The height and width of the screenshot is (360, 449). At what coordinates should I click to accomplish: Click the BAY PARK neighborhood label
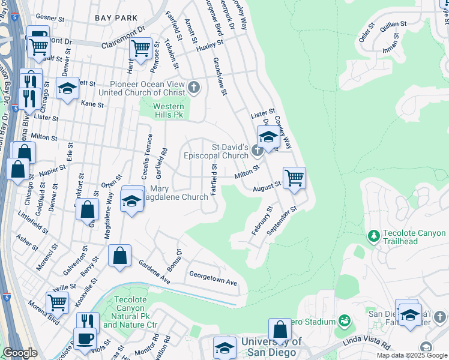click(x=116, y=19)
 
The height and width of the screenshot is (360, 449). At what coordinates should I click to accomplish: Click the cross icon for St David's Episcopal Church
click(x=258, y=150)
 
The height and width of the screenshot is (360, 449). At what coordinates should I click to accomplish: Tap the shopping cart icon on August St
click(x=294, y=178)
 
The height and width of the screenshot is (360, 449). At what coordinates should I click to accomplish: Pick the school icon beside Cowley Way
click(x=268, y=136)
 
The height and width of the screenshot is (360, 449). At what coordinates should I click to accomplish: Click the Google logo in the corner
click(x=20, y=353)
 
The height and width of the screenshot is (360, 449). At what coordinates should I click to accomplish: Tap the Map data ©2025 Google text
click(x=412, y=355)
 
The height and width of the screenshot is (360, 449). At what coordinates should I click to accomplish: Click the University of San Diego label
click(x=269, y=347)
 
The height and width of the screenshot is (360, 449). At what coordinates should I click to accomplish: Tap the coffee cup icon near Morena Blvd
click(x=85, y=338)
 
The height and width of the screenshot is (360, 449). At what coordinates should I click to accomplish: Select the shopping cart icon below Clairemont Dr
click(x=141, y=49)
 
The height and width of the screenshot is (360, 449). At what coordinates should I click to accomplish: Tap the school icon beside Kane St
click(x=68, y=88)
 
